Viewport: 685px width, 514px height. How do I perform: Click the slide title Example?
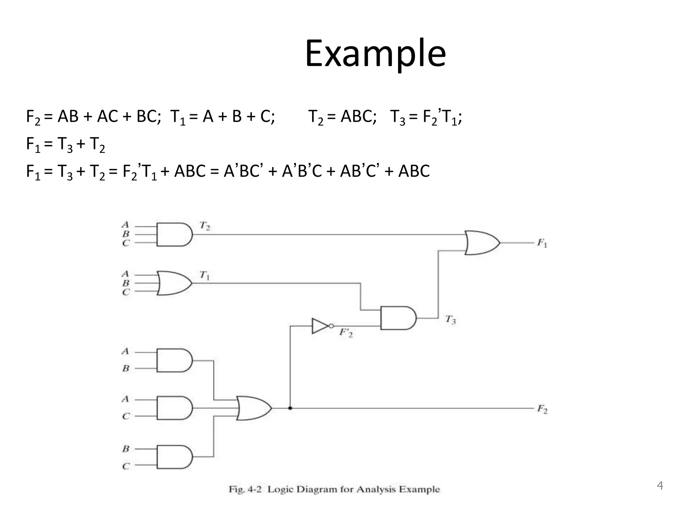coord(375,54)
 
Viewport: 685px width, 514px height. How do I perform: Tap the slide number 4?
coord(660,485)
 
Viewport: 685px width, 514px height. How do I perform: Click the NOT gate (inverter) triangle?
coord(320,326)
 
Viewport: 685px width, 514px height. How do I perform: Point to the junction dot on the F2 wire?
coord(290,408)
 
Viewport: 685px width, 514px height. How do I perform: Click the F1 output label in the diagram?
coord(542,243)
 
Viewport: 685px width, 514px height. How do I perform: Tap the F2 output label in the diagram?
coord(542,409)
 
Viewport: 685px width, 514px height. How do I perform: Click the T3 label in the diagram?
coord(451,320)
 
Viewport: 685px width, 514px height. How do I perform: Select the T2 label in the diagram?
coord(205,226)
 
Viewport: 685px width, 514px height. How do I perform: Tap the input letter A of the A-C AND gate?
coord(125,399)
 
